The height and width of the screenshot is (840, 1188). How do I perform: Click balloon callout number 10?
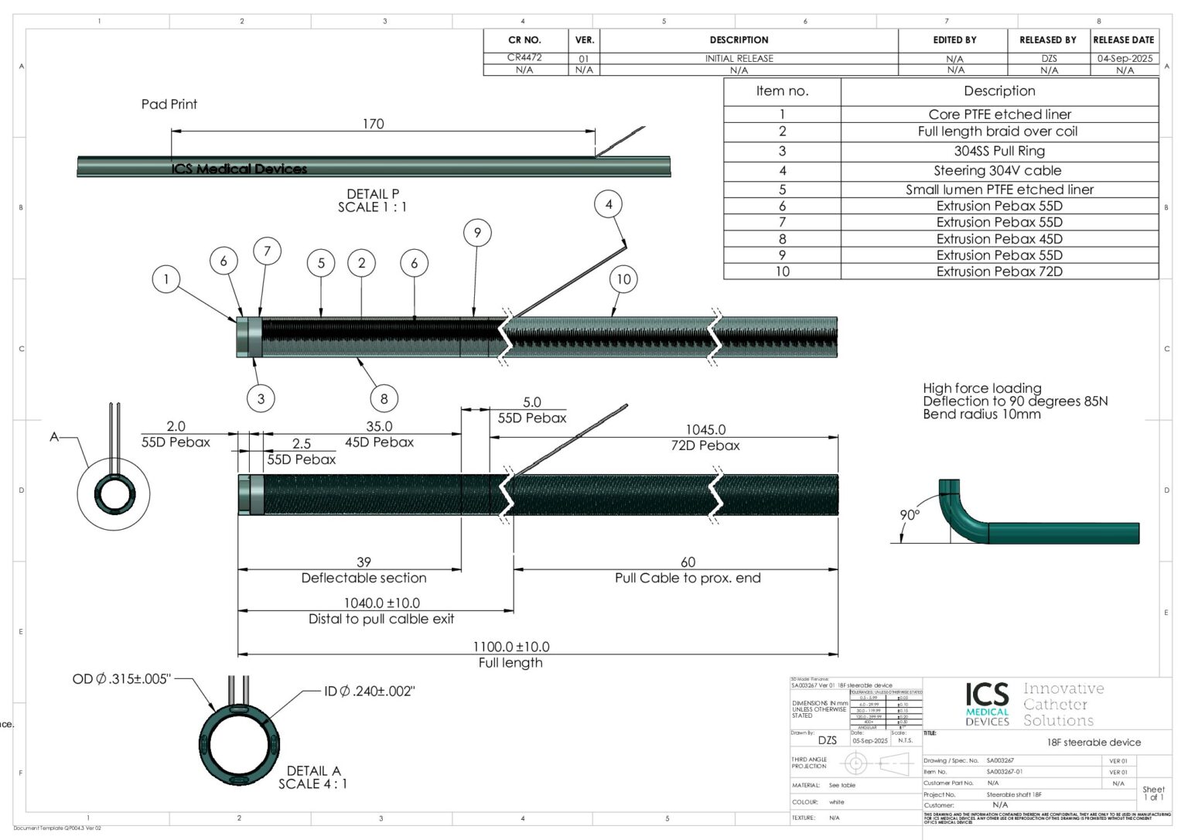pos(623,279)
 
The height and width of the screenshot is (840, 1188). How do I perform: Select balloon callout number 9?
pos(477,233)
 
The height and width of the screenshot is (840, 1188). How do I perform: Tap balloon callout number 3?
pos(261,399)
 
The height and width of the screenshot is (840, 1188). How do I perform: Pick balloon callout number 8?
pos(384,399)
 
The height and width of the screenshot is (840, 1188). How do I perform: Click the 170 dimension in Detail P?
pos(373,124)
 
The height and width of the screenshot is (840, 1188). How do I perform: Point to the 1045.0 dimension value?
pos(705,429)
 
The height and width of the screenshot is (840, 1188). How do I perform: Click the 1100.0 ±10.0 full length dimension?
pos(511,647)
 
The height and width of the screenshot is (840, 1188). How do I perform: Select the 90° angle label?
pos(910,515)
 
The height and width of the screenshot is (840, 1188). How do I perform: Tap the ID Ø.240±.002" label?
pos(370,691)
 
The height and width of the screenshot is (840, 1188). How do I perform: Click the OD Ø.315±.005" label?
pos(121,679)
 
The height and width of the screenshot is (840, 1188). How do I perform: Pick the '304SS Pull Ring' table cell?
pos(999,151)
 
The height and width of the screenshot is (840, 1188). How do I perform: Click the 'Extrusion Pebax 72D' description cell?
pos(999,271)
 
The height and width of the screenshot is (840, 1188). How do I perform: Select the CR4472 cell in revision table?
pos(524,57)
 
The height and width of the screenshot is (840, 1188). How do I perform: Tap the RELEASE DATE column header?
pos(1124,39)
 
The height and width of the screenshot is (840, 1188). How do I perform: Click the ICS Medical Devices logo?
pos(988,704)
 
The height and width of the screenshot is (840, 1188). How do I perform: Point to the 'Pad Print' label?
pos(169,104)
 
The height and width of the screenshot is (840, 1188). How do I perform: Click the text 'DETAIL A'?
pos(313,771)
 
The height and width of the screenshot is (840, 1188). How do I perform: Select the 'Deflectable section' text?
pos(364,578)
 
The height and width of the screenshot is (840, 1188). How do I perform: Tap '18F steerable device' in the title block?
pos(1094,743)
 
